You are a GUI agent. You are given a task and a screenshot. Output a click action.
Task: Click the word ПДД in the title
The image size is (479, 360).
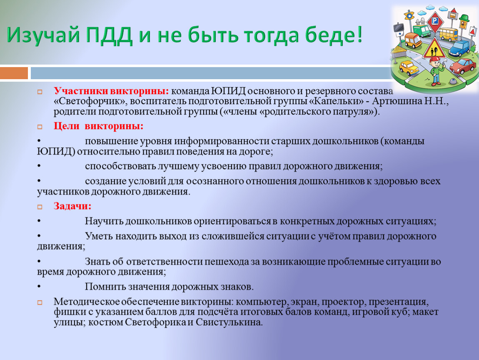[x=109, y=35]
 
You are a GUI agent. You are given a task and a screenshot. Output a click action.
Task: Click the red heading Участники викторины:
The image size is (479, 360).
[x=111, y=91]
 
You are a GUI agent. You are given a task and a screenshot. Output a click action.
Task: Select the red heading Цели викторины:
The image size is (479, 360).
[x=98, y=126]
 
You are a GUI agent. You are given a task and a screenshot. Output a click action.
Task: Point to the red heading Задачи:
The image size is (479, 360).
[x=72, y=206]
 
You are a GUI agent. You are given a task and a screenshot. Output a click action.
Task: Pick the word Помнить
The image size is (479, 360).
[x=105, y=287]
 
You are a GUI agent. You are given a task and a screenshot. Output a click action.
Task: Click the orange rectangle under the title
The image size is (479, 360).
[x=14, y=73]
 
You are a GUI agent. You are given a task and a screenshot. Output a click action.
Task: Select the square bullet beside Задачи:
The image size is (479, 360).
[x=40, y=207]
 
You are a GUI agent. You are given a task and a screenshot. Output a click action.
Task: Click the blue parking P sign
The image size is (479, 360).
[x=434, y=21]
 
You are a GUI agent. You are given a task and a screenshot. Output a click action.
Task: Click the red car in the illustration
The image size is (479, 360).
[x=463, y=66]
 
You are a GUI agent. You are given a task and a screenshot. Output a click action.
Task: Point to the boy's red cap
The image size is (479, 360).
[x=435, y=59]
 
